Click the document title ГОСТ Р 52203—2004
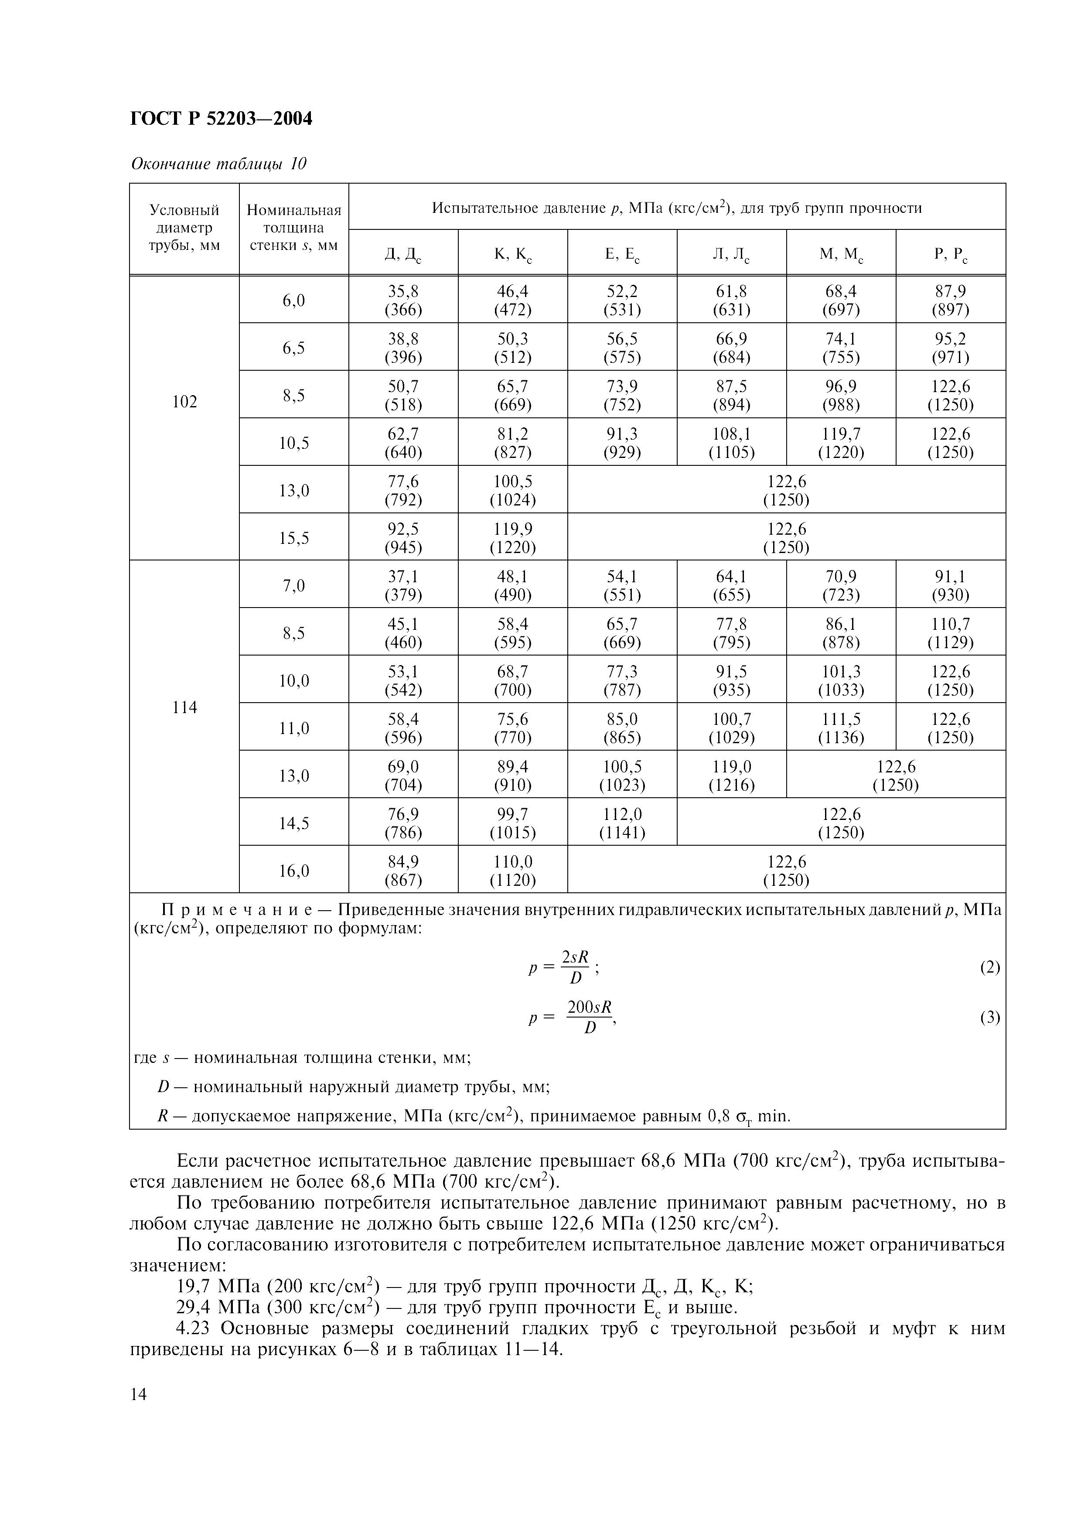click(x=221, y=119)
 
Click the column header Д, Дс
click(x=403, y=254)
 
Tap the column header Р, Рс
click(x=951, y=254)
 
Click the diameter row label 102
click(x=184, y=402)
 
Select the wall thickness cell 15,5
click(x=294, y=537)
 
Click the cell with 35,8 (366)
click(x=403, y=301)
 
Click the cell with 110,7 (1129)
click(x=951, y=633)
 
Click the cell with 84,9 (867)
click(x=403, y=870)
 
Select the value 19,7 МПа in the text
click(x=215, y=1286)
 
